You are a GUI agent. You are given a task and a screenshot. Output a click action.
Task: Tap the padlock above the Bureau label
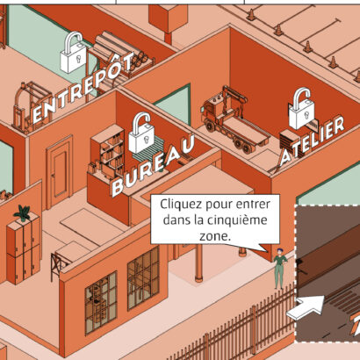point(141,133)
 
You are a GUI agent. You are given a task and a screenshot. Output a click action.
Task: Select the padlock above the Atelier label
point(302,109)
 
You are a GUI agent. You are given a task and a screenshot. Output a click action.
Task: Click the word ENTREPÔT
point(83,88)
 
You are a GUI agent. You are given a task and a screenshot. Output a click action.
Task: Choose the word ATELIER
point(312,141)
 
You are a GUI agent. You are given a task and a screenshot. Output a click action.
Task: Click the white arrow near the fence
point(306,307)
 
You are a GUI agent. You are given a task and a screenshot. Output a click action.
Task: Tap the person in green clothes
point(279,269)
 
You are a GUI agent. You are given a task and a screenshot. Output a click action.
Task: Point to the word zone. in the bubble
point(215,236)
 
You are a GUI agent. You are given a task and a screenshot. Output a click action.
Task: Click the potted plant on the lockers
point(23,212)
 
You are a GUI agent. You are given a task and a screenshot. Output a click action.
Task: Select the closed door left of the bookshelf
point(60,171)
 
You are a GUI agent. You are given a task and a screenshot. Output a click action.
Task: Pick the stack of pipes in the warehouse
point(122,52)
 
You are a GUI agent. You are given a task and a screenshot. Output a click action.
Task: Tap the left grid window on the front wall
point(101,303)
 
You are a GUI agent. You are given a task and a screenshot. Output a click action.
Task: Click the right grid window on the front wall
point(143,278)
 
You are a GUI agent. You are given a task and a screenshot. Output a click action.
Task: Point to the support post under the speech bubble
point(198,263)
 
